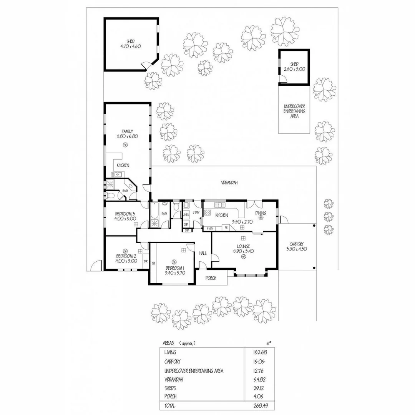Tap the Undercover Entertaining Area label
click(x=294, y=111)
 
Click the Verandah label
click(x=229, y=183)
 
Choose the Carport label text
click(x=297, y=244)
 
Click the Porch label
click(x=211, y=278)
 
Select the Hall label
click(x=203, y=253)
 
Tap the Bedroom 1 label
click(x=175, y=268)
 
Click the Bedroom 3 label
click(x=125, y=214)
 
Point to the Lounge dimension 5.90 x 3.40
click(x=243, y=251)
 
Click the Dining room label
click(x=261, y=213)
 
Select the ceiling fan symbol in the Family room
click(x=125, y=144)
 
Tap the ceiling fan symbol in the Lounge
click(x=243, y=258)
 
